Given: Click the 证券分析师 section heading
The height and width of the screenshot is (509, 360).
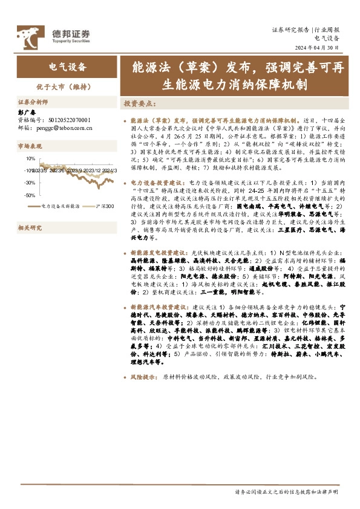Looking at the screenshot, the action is click(31, 102).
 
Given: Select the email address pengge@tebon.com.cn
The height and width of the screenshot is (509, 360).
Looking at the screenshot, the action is click(63, 128).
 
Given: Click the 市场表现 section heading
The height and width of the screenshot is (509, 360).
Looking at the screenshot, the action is click(30, 146).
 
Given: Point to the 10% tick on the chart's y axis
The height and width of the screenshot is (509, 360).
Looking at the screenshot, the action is click(30, 158).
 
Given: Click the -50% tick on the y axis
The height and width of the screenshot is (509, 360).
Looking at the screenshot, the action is click(30, 195).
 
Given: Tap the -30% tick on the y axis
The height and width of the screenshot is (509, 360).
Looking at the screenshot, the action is click(30, 183).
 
